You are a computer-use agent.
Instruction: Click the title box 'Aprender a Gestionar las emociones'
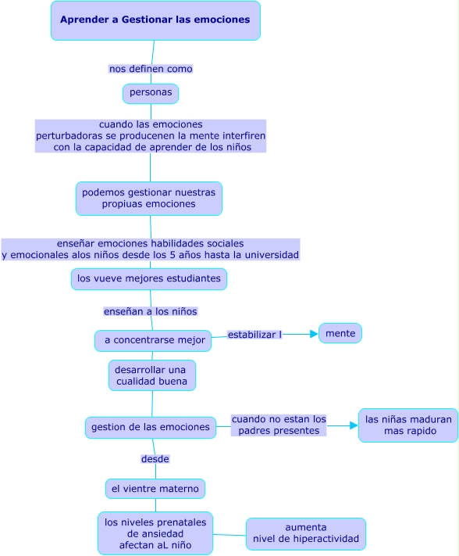click(155, 20)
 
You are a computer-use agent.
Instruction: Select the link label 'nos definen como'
click(151, 69)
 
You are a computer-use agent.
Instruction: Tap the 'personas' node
click(151, 93)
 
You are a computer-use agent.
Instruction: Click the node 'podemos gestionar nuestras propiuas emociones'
click(149, 198)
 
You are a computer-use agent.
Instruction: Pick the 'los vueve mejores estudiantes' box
click(149, 278)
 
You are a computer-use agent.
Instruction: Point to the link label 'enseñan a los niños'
click(151, 311)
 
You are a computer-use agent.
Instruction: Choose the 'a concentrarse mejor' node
click(153, 340)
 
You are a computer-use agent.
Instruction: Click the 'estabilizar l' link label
click(254, 335)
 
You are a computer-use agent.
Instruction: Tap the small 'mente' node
click(340, 333)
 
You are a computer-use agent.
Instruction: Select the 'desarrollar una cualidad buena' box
click(151, 375)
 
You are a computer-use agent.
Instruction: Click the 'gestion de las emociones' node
click(151, 427)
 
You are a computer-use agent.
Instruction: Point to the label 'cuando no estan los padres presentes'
click(279, 425)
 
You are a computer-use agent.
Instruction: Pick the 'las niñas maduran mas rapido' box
click(408, 425)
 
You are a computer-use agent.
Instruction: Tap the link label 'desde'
click(155, 458)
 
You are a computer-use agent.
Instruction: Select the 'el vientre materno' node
click(155, 489)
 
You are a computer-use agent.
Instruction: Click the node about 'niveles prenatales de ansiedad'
click(155, 533)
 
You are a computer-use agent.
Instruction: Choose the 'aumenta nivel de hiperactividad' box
click(306, 533)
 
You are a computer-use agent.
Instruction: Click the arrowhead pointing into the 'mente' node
click(314, 334)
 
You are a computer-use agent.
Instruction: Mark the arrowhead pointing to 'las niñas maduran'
click(354, 425)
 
